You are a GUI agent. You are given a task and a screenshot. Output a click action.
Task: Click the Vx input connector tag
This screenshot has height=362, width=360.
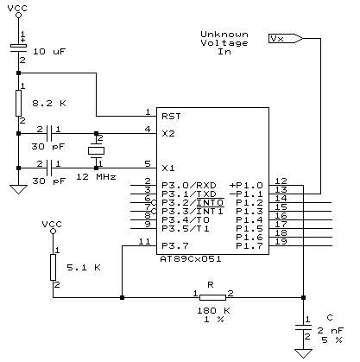point(286,38)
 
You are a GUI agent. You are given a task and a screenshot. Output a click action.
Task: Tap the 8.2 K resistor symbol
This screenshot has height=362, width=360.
point(18,103)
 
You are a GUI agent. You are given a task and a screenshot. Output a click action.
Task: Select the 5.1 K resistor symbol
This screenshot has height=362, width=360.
point(53,267)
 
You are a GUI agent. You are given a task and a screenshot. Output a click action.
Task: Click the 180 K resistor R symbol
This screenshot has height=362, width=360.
point(212,297)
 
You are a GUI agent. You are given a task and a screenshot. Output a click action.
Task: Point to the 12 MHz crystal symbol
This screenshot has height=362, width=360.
point(96,150)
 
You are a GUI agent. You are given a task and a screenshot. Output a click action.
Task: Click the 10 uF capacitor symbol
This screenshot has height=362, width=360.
point(18,48)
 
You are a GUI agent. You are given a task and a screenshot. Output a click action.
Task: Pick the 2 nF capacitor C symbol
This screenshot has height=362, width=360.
point(303,327)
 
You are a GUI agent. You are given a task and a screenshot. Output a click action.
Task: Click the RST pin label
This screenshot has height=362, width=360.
point(171,117)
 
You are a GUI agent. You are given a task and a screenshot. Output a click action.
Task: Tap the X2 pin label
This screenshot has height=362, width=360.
point(168,134)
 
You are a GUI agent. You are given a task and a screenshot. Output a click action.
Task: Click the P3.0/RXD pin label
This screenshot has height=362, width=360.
point(189,186)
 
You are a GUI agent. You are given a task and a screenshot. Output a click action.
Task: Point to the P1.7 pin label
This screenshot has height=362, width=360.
point(249,246)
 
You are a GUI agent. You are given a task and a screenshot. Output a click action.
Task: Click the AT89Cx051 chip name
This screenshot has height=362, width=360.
point(191,259)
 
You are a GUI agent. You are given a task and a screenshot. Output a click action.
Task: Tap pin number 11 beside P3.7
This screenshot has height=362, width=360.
point(144,241)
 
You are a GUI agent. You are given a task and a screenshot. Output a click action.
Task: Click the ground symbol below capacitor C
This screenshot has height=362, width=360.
point(303,353)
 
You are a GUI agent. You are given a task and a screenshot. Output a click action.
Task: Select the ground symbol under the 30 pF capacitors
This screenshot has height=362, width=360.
point(18,189)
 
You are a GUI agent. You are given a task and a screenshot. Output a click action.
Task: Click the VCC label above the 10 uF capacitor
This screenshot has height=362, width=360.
point(17,8)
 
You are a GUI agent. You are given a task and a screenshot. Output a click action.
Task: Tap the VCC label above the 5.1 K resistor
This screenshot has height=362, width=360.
point(52,224)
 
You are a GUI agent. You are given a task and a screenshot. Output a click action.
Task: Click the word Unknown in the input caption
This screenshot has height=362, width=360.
point(224,35)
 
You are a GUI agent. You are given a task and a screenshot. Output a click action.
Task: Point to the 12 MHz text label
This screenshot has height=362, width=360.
point(96,176)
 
